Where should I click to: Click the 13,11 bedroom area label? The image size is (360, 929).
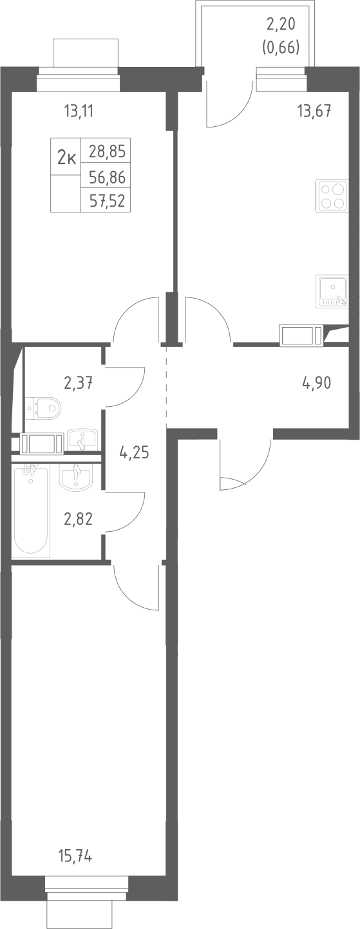pos(79,111)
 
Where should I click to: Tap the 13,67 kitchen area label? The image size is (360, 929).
pos(314,111)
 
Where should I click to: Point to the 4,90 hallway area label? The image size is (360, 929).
pos(316,383)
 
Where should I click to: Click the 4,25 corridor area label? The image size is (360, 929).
pos(134,452)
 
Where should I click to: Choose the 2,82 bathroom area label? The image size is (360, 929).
pos(78,518)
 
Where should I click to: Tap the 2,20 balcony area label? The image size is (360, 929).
pos(281,25)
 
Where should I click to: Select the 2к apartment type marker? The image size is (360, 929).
pos(66,157)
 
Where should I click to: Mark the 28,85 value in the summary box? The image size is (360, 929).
pos(107,151)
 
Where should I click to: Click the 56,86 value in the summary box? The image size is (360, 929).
pos(107,178)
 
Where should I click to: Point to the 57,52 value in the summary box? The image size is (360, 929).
pos(107,202)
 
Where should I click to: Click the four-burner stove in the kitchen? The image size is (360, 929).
pos(331,196)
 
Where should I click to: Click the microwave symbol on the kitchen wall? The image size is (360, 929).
pos(301,335)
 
